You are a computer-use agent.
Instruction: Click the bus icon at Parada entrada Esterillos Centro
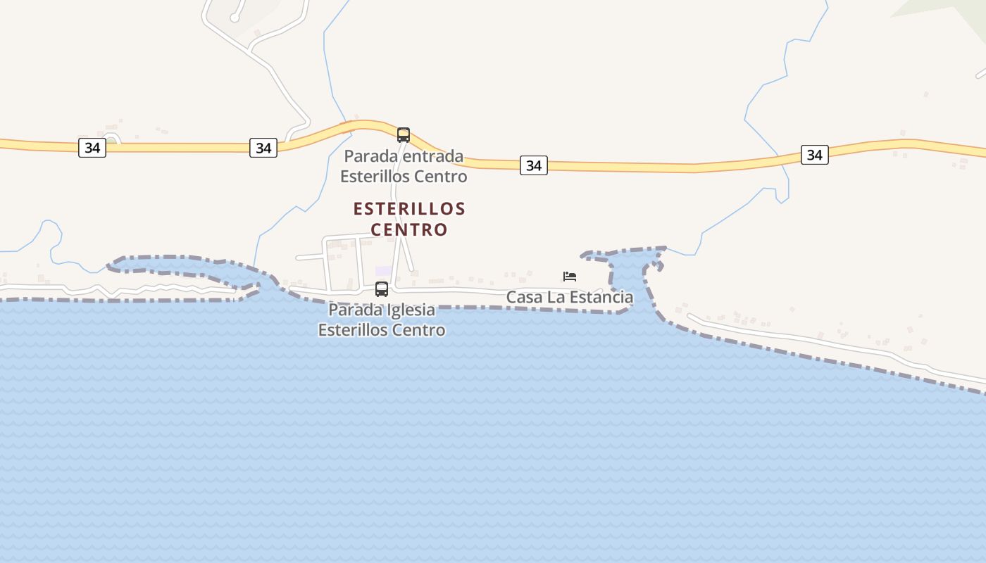coord(404,134)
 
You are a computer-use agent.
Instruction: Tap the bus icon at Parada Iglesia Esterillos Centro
coord(382,289)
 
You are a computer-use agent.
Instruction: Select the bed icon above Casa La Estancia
coord(570,276)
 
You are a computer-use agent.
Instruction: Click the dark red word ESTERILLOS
coord(409,209)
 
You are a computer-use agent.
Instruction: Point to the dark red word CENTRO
coord(409,229)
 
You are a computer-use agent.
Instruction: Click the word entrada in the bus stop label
coord(433,156)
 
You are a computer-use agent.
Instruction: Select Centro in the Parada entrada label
coord(442,176)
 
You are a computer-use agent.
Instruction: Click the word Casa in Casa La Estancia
coord(524,298)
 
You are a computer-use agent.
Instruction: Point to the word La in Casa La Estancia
coord(555,298)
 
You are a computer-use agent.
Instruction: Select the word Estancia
coord(601,298)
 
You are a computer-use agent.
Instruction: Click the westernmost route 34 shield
coord(92,148)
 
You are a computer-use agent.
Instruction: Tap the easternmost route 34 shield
coord(814,155)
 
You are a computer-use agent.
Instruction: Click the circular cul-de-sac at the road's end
coord(235,17)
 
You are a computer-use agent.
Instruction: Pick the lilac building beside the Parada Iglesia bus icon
coord(382,272)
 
